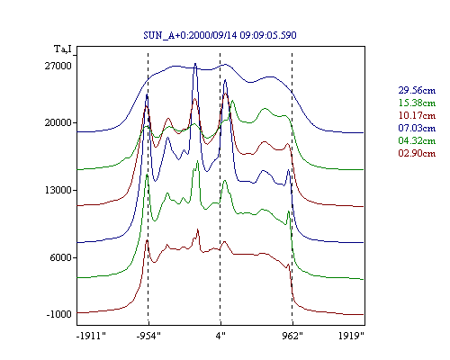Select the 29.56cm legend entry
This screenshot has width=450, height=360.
coord(417,90)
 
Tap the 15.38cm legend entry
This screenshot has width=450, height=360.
coord(417,103)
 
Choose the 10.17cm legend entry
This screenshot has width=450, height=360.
coord(417,115)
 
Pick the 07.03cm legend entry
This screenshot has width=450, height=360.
coord(417,128)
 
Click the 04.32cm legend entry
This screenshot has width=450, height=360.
coord(417,140)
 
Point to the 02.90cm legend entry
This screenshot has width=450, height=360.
coord(417,153)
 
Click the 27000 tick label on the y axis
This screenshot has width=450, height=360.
coord(58,66)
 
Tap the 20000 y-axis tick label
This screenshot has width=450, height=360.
coord(58,122)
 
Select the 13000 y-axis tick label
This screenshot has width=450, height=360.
coord(58,190)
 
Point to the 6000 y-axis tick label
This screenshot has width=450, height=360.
coord(61,257)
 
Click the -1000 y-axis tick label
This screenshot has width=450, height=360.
coord(59,314)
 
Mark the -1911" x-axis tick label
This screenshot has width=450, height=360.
coord(92,336)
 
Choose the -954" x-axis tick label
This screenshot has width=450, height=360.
coord(148,336)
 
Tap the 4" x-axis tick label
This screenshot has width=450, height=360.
coord(220,336)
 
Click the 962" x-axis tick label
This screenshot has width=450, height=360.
coord(292,336)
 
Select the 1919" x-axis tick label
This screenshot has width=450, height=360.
coord(351,336)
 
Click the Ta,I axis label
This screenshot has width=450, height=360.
coord(63,49)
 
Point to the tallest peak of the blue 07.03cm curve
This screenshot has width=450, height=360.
coord(195,64)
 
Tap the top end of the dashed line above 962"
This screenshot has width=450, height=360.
coord(292,53)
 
